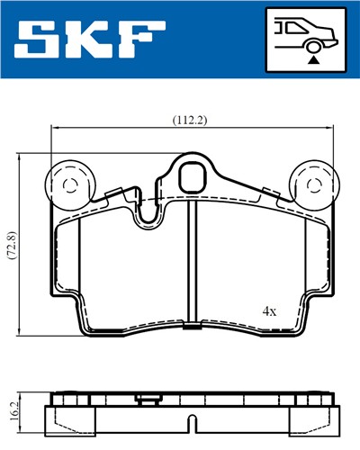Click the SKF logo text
tap(91, 39)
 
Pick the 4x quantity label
tap(269, 310)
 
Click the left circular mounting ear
tap(69, 185)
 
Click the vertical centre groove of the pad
tap(193, 261)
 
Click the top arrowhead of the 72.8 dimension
tap(21, 156)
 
